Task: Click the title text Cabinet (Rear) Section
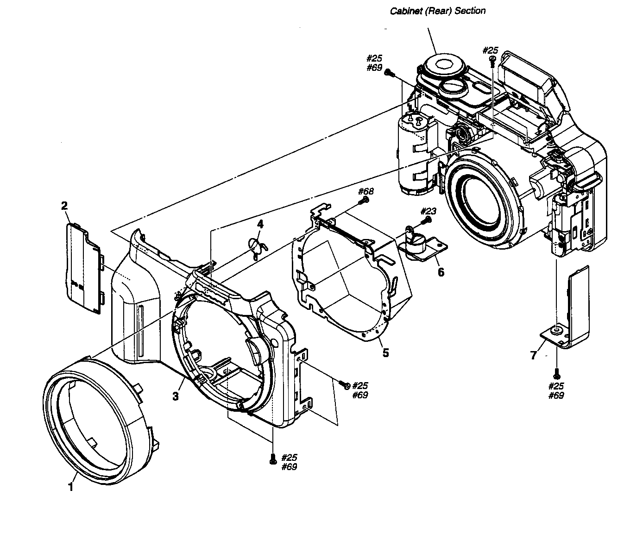click(437, 11)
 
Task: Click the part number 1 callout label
click(70, 487)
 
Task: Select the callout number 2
click(65, 206)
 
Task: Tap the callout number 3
click(176, 396)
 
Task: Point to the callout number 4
click(260, 225)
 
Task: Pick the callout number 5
click(385, 353)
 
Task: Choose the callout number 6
click(441, 272)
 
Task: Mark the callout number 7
click(533, 355)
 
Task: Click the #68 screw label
click(366, 191)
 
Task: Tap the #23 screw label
click(429, 211)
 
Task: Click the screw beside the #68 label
click(364, 200)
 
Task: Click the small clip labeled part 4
click(256, 246)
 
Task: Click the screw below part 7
click(557, 375)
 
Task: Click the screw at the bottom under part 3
click(272, 458)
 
